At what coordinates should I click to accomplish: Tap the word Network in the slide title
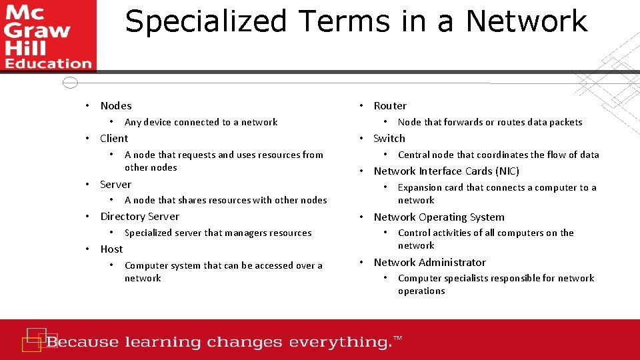click(527, 21)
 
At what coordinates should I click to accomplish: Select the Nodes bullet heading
click(116, 106)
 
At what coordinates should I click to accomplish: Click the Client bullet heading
click(114, 139)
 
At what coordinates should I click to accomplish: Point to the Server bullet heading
click(115, 185)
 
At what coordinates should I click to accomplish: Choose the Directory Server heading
click(139, 217)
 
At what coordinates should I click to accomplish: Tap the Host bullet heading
click(111, 249)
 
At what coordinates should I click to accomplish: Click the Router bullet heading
click(390, 106)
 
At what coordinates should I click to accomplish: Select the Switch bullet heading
click(389, 139)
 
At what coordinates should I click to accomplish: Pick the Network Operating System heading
click(439, 217)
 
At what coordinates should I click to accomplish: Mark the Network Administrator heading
click(429, 263)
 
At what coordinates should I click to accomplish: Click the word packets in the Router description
click(564, 123)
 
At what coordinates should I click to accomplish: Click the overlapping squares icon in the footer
click(34, 339)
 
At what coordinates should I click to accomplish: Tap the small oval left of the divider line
click(70, 83)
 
